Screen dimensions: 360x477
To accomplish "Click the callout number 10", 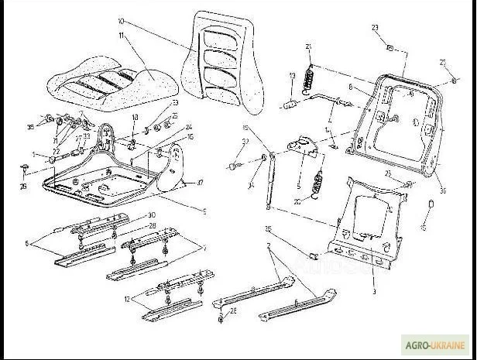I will tap(120, 21).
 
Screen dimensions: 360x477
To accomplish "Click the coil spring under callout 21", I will tap(312, 75).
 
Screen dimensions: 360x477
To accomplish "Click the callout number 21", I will tap(309, 48).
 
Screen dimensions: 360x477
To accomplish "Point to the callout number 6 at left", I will tap(26, 242).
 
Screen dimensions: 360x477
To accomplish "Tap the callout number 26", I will tap(22, 186).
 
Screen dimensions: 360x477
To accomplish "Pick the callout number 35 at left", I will tap(30, 125).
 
